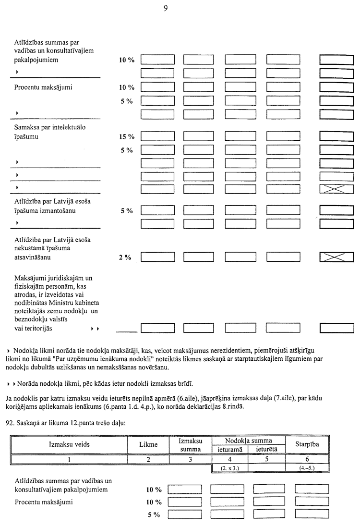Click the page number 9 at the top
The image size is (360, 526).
pyautogui.click(x=165, y=8)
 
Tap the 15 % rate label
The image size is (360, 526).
pyautogui.click(x=126, y=137)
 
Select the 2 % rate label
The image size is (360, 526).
pyautogui.click(x=125, y=257)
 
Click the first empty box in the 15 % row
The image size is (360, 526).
pyautogui.click(x=157, y=137)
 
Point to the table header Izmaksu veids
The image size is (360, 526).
pyautogui.click(x=69, y=444)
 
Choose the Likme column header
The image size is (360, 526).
pyautogui.click(x=148, y=445)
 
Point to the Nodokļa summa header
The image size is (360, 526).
pyautogui.click(x=249, y=440)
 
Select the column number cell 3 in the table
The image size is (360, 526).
pyautogui.click(x=191, y=459)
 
